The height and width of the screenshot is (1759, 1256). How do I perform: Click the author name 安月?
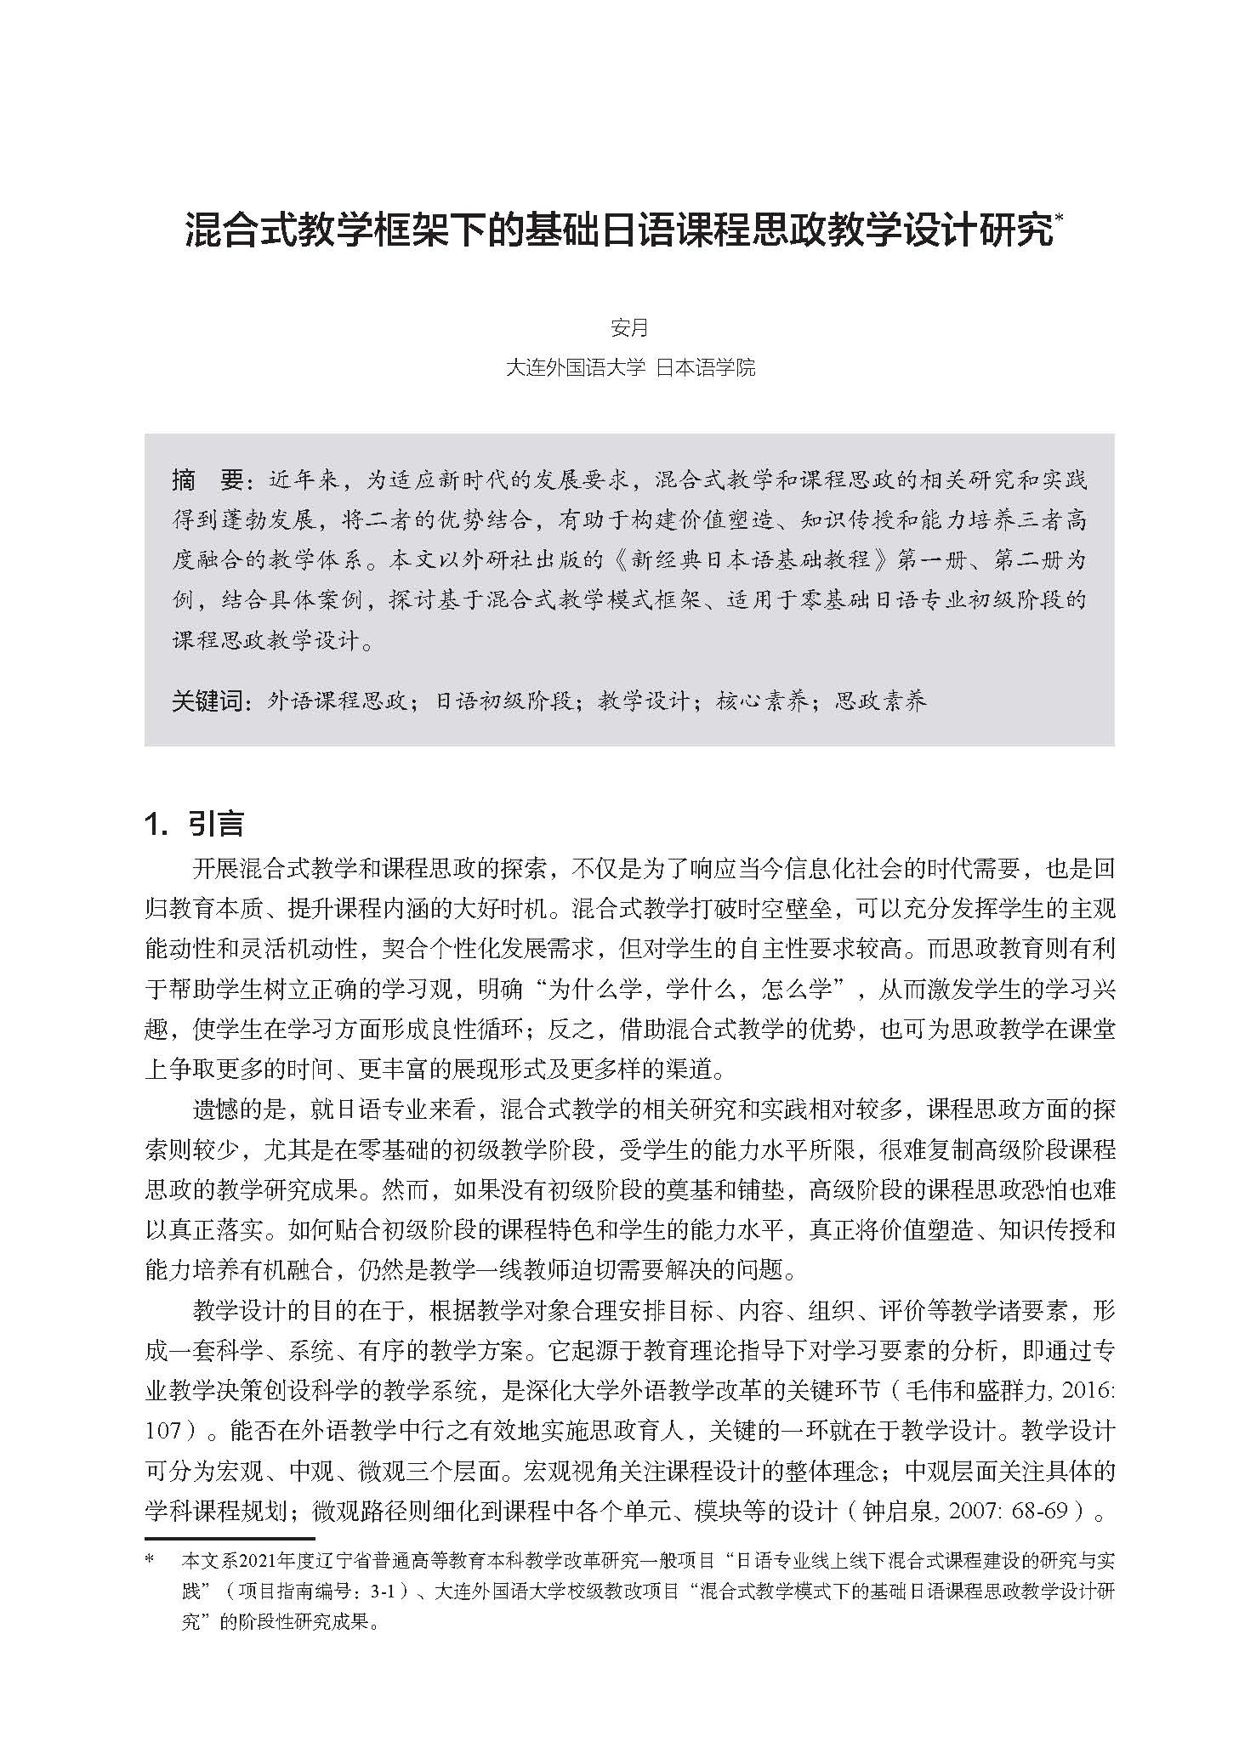pyautogui.click(x=629, y=327)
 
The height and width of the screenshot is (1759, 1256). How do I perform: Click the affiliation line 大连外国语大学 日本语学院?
pyautogui.click(x=629, y=368)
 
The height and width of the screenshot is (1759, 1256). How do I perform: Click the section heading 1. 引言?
pyautogui.click(x=195, y=823)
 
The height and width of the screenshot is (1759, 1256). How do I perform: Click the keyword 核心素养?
pyautogui.click(x=761, y=701)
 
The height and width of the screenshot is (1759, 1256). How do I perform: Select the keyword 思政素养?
pyautogui.click(x=880, y=701)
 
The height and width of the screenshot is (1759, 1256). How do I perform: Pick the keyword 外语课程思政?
pyautogui.click(x=338, y=701)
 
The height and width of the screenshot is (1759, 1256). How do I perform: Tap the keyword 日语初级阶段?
pyautogui.click(x=503, y=701)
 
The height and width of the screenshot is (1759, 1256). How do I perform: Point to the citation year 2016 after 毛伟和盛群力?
pyautogui.click(x=1087, y=1391)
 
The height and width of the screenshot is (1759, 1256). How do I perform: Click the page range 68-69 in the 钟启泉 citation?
pyautogui.click(x=1042, y=1512)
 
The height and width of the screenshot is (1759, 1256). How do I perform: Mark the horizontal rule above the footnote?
pyautogui.click(x=230, y=1538)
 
